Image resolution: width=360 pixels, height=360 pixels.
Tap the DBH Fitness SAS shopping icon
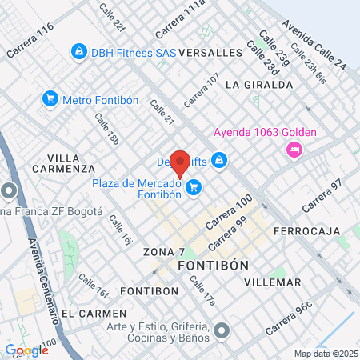[x=78, y=53]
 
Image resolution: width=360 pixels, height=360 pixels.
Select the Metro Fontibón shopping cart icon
[x=50, y=100]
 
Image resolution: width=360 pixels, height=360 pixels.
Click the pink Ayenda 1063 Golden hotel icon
[x=294, y=150]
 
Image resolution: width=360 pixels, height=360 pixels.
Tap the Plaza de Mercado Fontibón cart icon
[x=193, y=188]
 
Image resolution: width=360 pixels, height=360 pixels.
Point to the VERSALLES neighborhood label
[x=211, y=53]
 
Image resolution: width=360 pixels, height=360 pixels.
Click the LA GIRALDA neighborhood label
[x=259, y=84]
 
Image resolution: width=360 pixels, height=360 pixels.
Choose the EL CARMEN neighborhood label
[x=94, y=313]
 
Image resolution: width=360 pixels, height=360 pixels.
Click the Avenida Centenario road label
[x=46, y=279]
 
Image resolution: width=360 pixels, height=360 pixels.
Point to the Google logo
[x=26, y=350]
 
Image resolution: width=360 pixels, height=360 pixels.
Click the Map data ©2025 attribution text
[x=325, y=354]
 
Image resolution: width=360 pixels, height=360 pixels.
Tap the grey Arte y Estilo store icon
[x=222, y=329]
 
